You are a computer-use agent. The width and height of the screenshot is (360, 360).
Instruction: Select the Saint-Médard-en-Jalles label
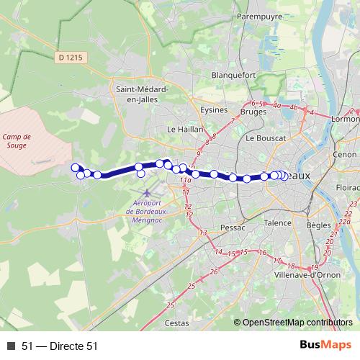click(142, 94)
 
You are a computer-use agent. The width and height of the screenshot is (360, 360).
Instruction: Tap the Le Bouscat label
click(266, 137)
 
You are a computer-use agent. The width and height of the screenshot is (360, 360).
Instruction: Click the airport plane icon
click(148, 194)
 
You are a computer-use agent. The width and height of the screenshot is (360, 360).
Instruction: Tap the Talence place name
click(277, 223)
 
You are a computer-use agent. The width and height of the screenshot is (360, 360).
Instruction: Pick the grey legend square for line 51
click(11, 346)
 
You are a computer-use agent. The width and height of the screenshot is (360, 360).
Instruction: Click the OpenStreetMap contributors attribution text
click(297, 323)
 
